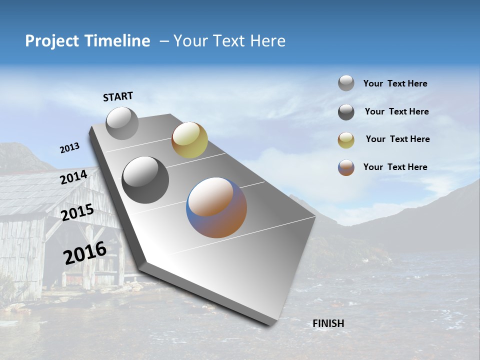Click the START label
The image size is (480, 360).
click(118, 96)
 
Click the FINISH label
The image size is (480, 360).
click(328, 323)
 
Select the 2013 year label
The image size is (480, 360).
click(69, 148)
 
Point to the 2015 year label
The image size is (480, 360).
click(77, 212)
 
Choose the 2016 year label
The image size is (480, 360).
click(85, 253)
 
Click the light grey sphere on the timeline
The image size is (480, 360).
click(122, 123)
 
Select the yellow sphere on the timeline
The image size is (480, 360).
click(189, 139)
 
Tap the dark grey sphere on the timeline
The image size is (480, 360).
click(145, 179)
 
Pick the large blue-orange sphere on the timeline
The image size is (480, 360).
click(216, 207)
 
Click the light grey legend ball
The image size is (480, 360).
click(346, 83)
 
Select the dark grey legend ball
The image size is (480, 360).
click(346, 112)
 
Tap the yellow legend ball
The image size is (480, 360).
click(346, 140)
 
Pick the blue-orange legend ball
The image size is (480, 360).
click(346, 167)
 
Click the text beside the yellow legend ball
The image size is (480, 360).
click(397, 139)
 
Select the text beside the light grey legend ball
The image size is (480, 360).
click(395, 83)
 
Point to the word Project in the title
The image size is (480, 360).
click(52, 41)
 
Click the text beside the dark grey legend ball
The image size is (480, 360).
click(396, 111)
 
